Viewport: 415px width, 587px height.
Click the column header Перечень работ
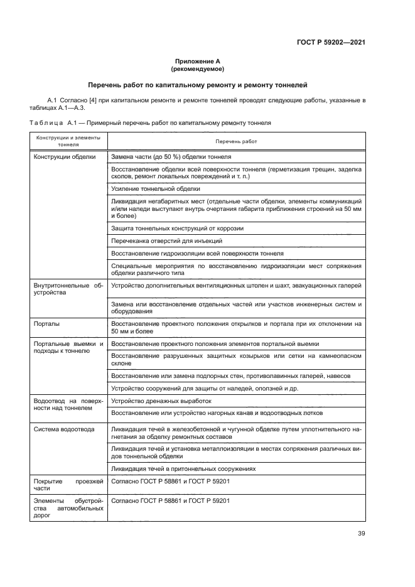point(235,141)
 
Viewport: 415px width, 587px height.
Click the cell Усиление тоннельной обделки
point(155,188)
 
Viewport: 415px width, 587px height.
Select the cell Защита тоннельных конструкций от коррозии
point(176,229)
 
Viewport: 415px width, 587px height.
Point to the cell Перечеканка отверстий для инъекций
point(166,240)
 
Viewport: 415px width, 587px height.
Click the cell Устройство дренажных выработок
point(161,401)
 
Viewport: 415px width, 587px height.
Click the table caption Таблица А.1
point(150,124)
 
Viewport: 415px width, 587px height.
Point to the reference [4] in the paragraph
point(94,100)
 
